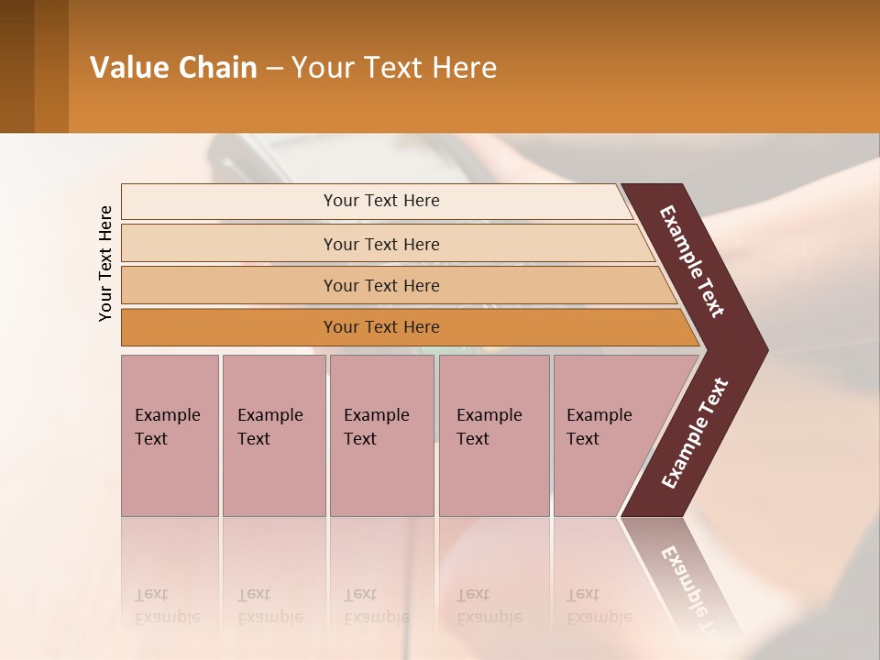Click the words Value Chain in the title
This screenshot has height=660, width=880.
coord(173,68)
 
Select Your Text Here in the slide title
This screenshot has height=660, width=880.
coord(394,68)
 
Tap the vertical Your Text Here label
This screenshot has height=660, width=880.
coord(105,263)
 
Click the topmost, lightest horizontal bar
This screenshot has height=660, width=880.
coord(380,201)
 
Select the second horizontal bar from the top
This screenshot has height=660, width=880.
coord(380,244)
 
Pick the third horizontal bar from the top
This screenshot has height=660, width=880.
coord(380,285)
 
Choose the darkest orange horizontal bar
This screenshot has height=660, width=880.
coord(380,327)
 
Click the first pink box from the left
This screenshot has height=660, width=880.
coord(170,435)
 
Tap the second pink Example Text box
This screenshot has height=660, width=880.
coord(273,435)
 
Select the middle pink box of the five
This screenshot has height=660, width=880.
coord(381,435)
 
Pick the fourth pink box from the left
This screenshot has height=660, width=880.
coord(494,435)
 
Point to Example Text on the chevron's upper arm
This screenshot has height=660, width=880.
coord(692,261)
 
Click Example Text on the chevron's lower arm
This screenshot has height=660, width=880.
coord(695,434)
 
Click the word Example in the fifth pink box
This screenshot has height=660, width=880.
coord(599,415)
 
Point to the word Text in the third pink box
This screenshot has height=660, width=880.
coord(359,439)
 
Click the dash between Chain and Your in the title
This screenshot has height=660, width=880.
coord(274,69)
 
